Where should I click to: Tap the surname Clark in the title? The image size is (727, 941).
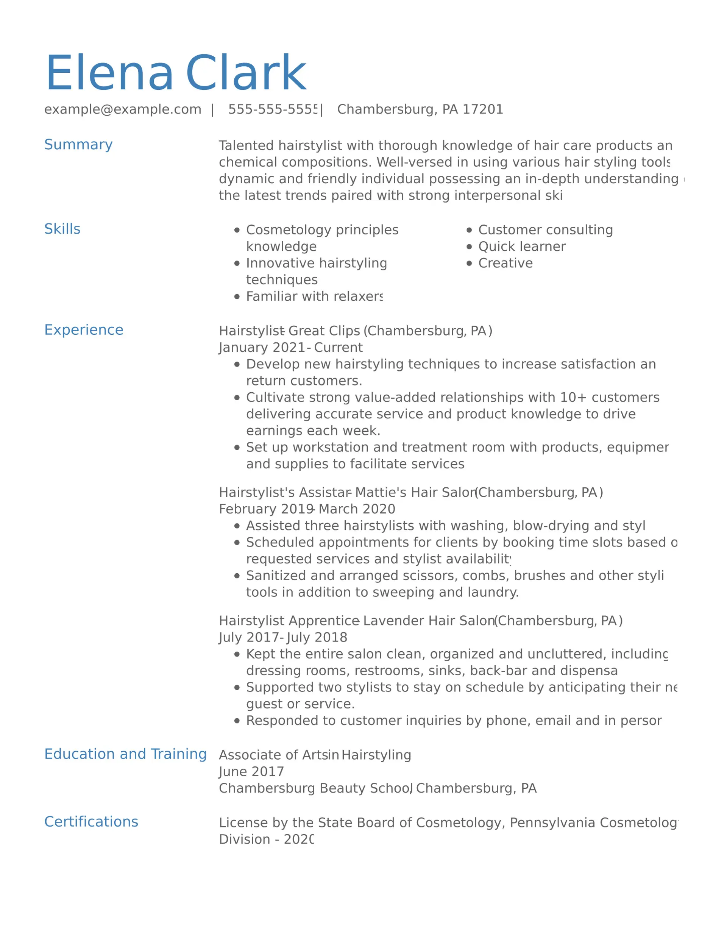pos(246,73)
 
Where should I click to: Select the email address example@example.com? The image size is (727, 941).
pos(123,109)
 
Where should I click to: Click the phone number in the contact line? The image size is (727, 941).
pos(272,109)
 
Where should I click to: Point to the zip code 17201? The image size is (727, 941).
pos(483,109)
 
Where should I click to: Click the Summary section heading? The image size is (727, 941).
pos(78,145)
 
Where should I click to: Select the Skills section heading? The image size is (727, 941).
pos(62,229)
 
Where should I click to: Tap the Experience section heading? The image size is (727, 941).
pos(84,330)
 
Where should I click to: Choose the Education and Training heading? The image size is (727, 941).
pos(125,754)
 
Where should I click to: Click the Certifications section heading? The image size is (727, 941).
pos(91,822)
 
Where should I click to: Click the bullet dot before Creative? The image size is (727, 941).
pos(469,263)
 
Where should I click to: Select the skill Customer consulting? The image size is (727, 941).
pos(545,230)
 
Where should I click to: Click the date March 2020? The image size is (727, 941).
pos(356,509)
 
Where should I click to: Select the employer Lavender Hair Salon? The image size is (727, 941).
pos(429,621)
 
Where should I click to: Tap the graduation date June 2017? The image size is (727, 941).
pos(251,772)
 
